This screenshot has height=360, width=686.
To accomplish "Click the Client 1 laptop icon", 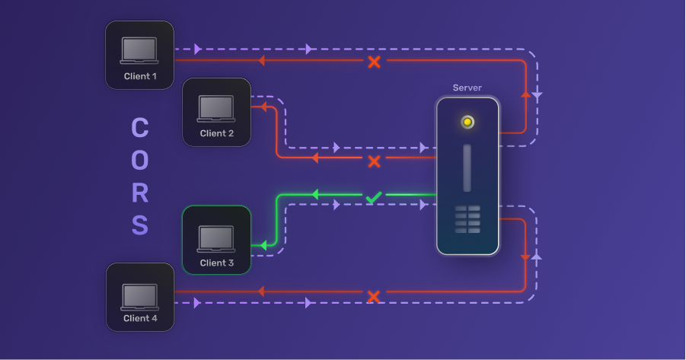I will point(139,50).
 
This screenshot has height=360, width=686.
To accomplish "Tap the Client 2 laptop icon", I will point(217,108).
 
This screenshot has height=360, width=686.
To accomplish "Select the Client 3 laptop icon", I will point(217,238).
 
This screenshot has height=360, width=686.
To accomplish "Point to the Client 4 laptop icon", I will point(139,295).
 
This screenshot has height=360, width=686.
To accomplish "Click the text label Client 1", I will point(140,76).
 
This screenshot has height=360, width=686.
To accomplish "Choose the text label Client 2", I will point(217,133).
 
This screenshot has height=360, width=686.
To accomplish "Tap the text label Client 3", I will point(217,263).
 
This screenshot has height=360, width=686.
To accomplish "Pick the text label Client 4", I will point(140,318).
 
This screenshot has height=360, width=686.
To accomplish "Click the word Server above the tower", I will point(467,88).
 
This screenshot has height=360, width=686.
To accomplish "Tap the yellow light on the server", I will point(467,122).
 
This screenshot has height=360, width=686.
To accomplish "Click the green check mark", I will point(373,197).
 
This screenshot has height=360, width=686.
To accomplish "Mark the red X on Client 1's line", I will point(374,62).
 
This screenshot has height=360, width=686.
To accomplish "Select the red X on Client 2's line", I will point(374,161).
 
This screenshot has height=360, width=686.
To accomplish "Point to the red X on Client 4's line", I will point(373,296).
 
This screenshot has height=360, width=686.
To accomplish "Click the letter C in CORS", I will point(140,128).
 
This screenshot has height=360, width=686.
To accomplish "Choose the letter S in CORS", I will point(140,226).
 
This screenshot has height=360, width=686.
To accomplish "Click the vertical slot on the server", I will point(467,167).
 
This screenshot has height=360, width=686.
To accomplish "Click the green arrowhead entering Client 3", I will point(263,245).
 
